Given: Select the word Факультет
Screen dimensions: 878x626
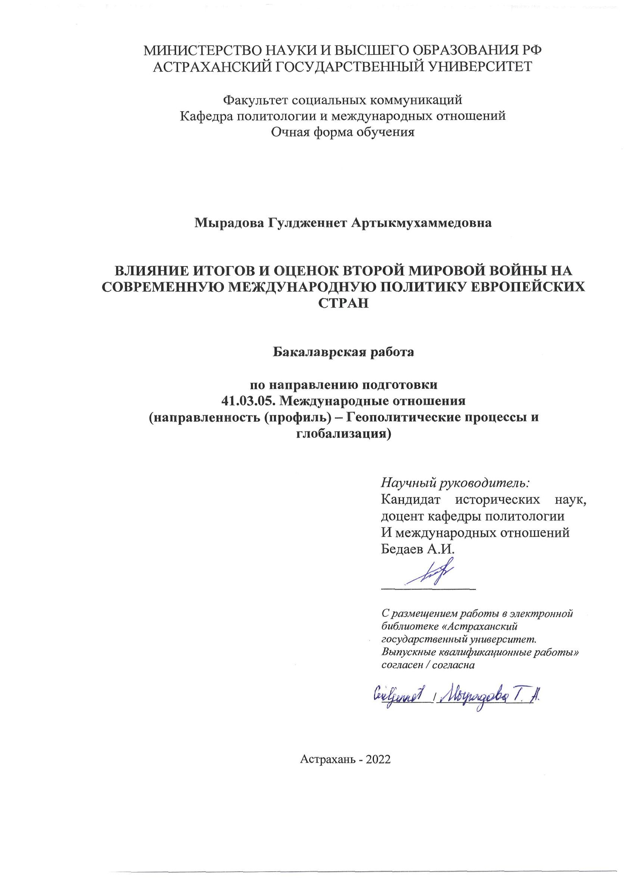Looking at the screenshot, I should click(256, 100).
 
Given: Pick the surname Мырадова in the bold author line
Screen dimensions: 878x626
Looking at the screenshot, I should click(228, 223).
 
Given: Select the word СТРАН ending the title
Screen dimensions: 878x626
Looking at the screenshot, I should click(343, 303).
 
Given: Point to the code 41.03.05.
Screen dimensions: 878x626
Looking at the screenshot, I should click(248, 401).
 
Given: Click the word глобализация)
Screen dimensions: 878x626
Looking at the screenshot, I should click(343, 434).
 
